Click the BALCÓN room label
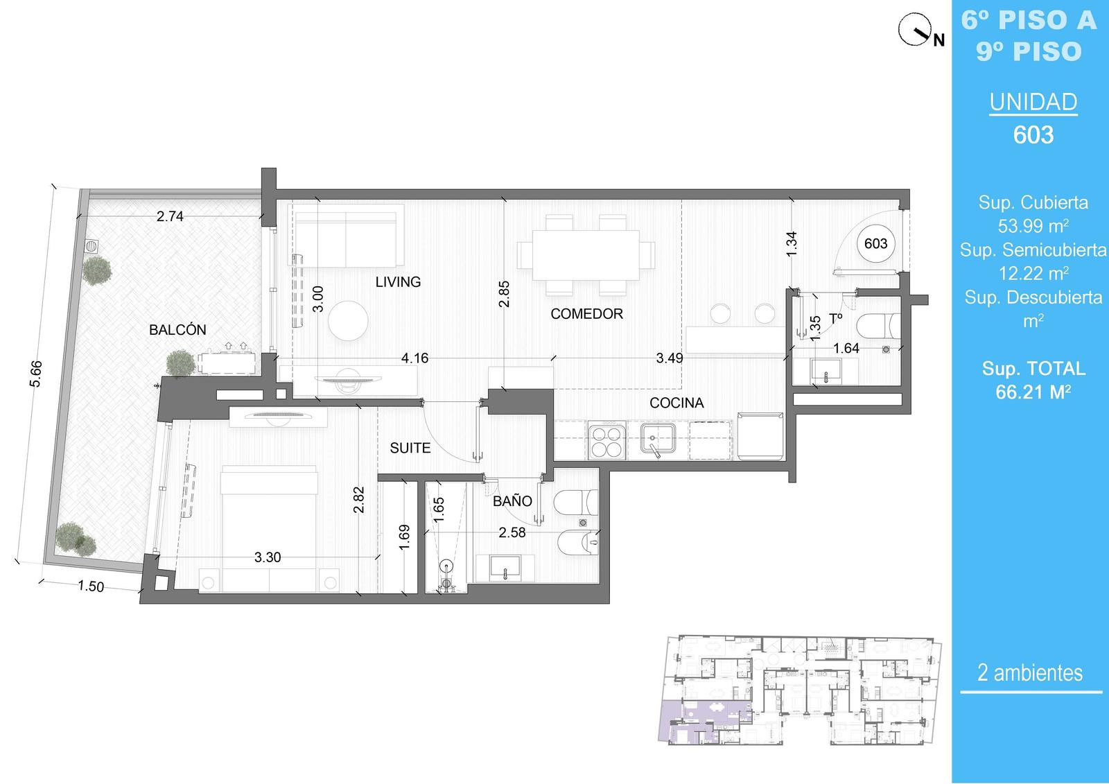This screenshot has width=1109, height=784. (177, 330)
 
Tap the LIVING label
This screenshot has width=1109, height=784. (398, 282)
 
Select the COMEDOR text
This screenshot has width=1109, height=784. (586, 313)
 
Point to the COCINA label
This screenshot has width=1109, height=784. (676, 403)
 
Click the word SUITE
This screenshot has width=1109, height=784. (410, 448)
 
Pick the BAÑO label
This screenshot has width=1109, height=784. (512, 500)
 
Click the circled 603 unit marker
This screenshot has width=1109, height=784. (876, 243)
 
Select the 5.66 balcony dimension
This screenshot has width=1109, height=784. (35, 374)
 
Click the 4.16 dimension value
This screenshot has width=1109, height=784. (415, 358)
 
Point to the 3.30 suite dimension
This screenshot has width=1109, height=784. (268, 557)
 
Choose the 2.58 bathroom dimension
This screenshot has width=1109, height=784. (512, 532)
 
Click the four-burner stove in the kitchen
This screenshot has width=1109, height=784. (607, 440)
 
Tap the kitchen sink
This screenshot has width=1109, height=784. (658, 438)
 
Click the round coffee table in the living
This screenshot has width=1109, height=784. (348, 320)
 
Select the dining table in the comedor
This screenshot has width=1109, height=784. (586, 254)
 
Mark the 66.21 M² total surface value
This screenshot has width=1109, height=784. (1033, 392)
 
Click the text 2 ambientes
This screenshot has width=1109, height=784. (1030, 672)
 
